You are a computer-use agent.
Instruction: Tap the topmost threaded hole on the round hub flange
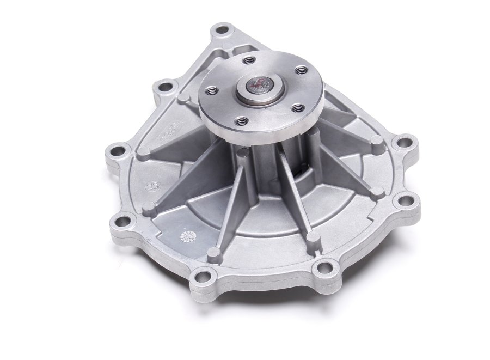250,60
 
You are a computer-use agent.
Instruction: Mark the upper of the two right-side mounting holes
403,143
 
